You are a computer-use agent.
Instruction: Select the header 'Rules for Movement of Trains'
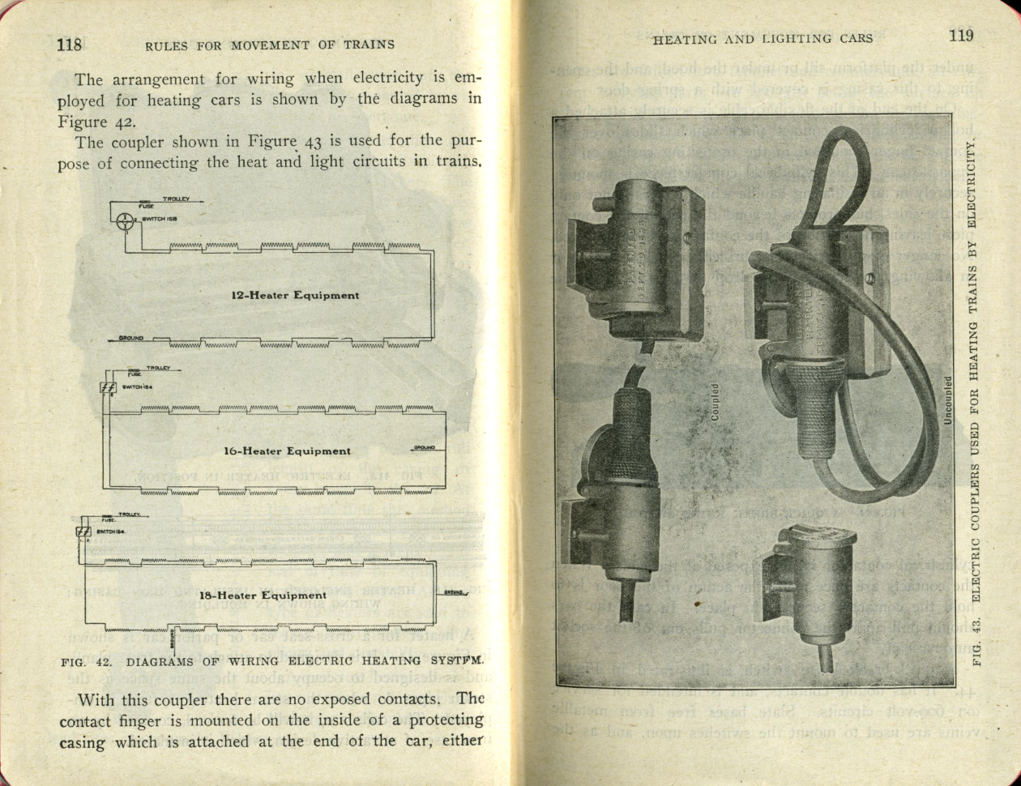pos(270,45)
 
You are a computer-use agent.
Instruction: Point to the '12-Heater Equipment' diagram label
pos(294,295)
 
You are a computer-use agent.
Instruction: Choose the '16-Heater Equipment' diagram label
pos(287,451)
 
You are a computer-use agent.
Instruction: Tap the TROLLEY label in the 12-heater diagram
pos(176,199)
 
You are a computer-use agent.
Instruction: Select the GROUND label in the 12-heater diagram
pos(131,337)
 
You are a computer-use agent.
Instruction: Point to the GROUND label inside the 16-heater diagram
pos(424,447)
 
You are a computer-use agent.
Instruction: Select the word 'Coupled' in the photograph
pos(715,403)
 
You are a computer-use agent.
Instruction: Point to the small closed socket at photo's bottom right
pos(810,592)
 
